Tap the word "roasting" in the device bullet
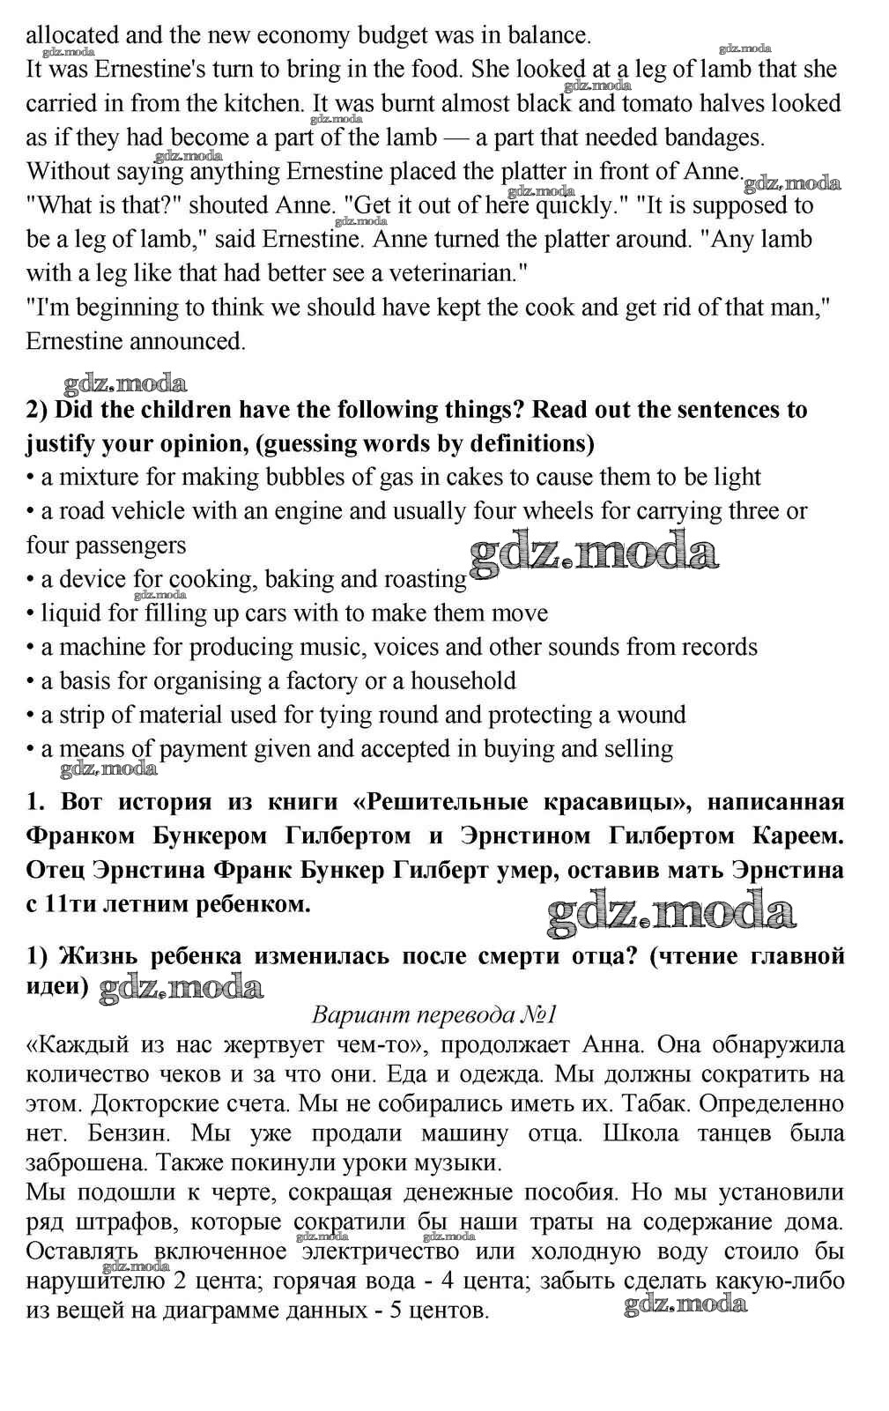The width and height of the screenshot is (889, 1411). tap(425, 579)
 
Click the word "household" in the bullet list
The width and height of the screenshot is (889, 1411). tap(463, 681)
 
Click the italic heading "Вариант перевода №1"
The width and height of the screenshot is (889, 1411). tap(435, 1014)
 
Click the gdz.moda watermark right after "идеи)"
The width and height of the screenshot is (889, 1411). tap(182, 988)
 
